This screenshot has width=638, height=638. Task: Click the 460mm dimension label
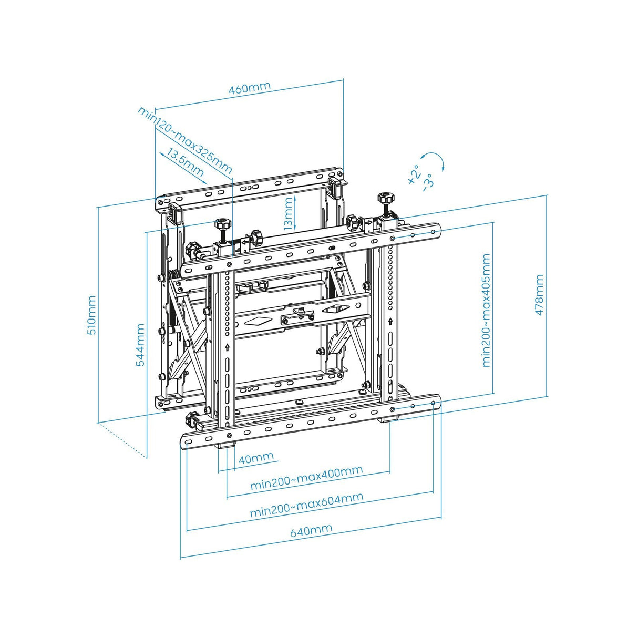pyautogui.click(x=249, y=88)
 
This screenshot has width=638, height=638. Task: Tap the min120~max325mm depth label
pyautogui.click(x=184, y=140)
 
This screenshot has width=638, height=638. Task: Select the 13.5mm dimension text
pyautogui.click(x=186, y=163)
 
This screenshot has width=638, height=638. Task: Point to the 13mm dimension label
pyautogui.click(x=288, y=213)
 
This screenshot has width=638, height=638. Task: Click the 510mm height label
pyautogui.click(x=91, y=315)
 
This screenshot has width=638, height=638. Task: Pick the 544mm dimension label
pyautogui.click(x=140, y=345)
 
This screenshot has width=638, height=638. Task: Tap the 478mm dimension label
pyautogui.click(x=539, y=295)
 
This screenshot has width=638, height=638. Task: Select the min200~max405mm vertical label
pyautogui.click(x=486, y=310)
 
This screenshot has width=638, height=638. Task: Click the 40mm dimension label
pyautogui.click(x=256, y=458)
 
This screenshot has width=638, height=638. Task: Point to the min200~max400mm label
pyautogui.click(x=306, y=478)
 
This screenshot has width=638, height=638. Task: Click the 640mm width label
pyautogui.click(x=311, y=530)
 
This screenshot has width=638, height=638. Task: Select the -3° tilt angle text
pyautogui.click(x=428, y=182)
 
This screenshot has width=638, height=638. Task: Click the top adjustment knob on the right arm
pyautogui.click(x=385, y=199)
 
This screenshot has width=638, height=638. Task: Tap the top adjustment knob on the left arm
pyautogui.click(x=222, y=224)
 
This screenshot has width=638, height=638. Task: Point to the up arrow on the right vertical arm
pyautogui.click(x=390, y=321)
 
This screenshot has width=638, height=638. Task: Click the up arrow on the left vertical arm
pyautogui.click(x=227, y=346)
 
